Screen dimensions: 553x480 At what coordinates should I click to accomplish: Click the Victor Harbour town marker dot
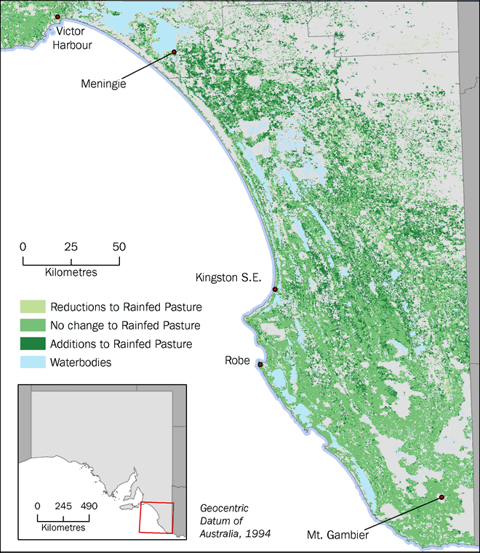point(57,16)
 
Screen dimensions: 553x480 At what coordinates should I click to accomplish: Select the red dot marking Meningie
point(175,52)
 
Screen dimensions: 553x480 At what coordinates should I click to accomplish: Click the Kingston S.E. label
point(231,277)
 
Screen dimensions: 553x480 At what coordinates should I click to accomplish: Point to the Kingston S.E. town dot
point(275,290)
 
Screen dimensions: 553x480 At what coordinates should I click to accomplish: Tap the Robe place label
point(238,360)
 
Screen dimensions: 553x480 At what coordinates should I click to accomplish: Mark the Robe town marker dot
point(260,365)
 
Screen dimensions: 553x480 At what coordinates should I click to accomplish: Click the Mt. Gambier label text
point(338,536)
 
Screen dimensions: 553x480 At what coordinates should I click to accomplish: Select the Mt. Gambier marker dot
point(441,498)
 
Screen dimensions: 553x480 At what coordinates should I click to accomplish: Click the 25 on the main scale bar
point(71,246)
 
